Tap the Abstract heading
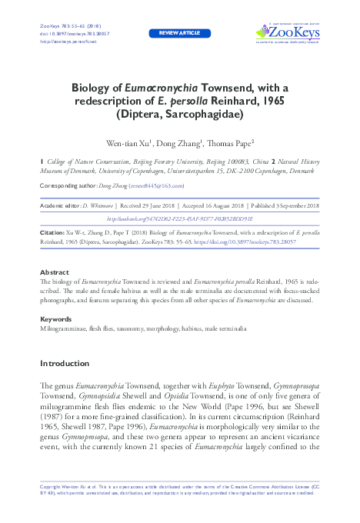point(54,272)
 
